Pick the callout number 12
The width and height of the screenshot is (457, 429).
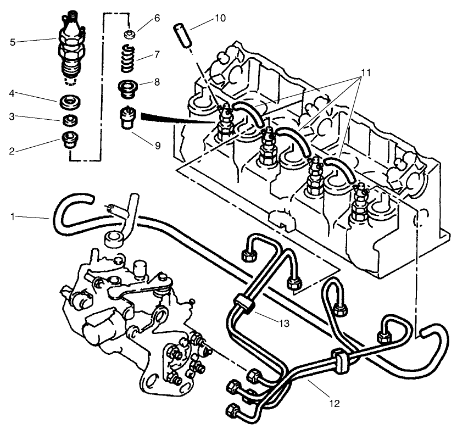[x=335, y=404]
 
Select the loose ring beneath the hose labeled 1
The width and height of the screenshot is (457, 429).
[x=114, y=239]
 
